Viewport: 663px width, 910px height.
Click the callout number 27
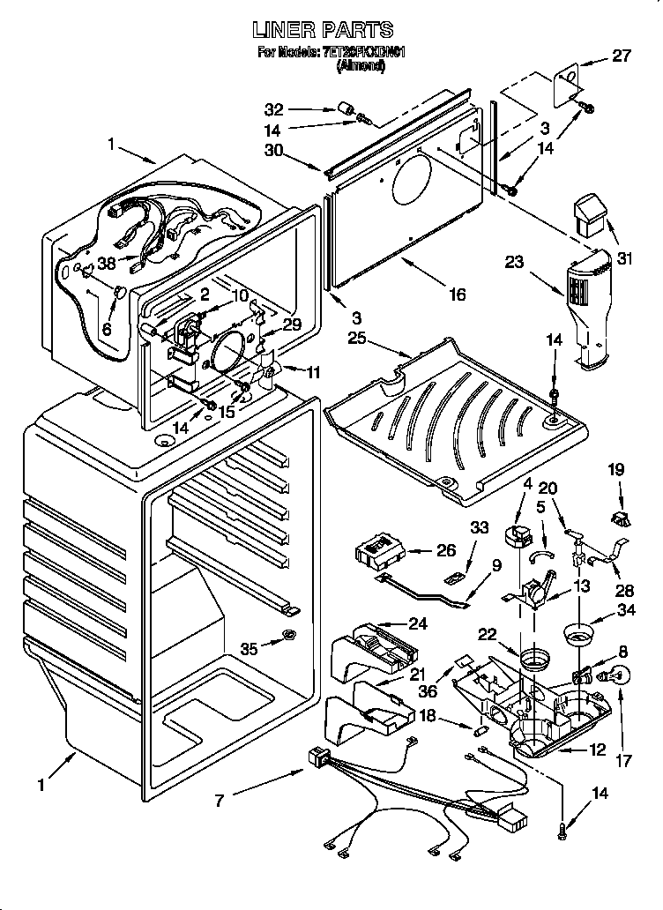(x=622, y=56)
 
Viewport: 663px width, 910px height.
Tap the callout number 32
(x=274, y=109)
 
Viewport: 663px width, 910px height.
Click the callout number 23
(x=515, y=261)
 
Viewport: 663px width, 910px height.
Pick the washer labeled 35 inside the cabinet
(x=288, y=637)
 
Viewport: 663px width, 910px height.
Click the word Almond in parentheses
(x=361, y=66)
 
